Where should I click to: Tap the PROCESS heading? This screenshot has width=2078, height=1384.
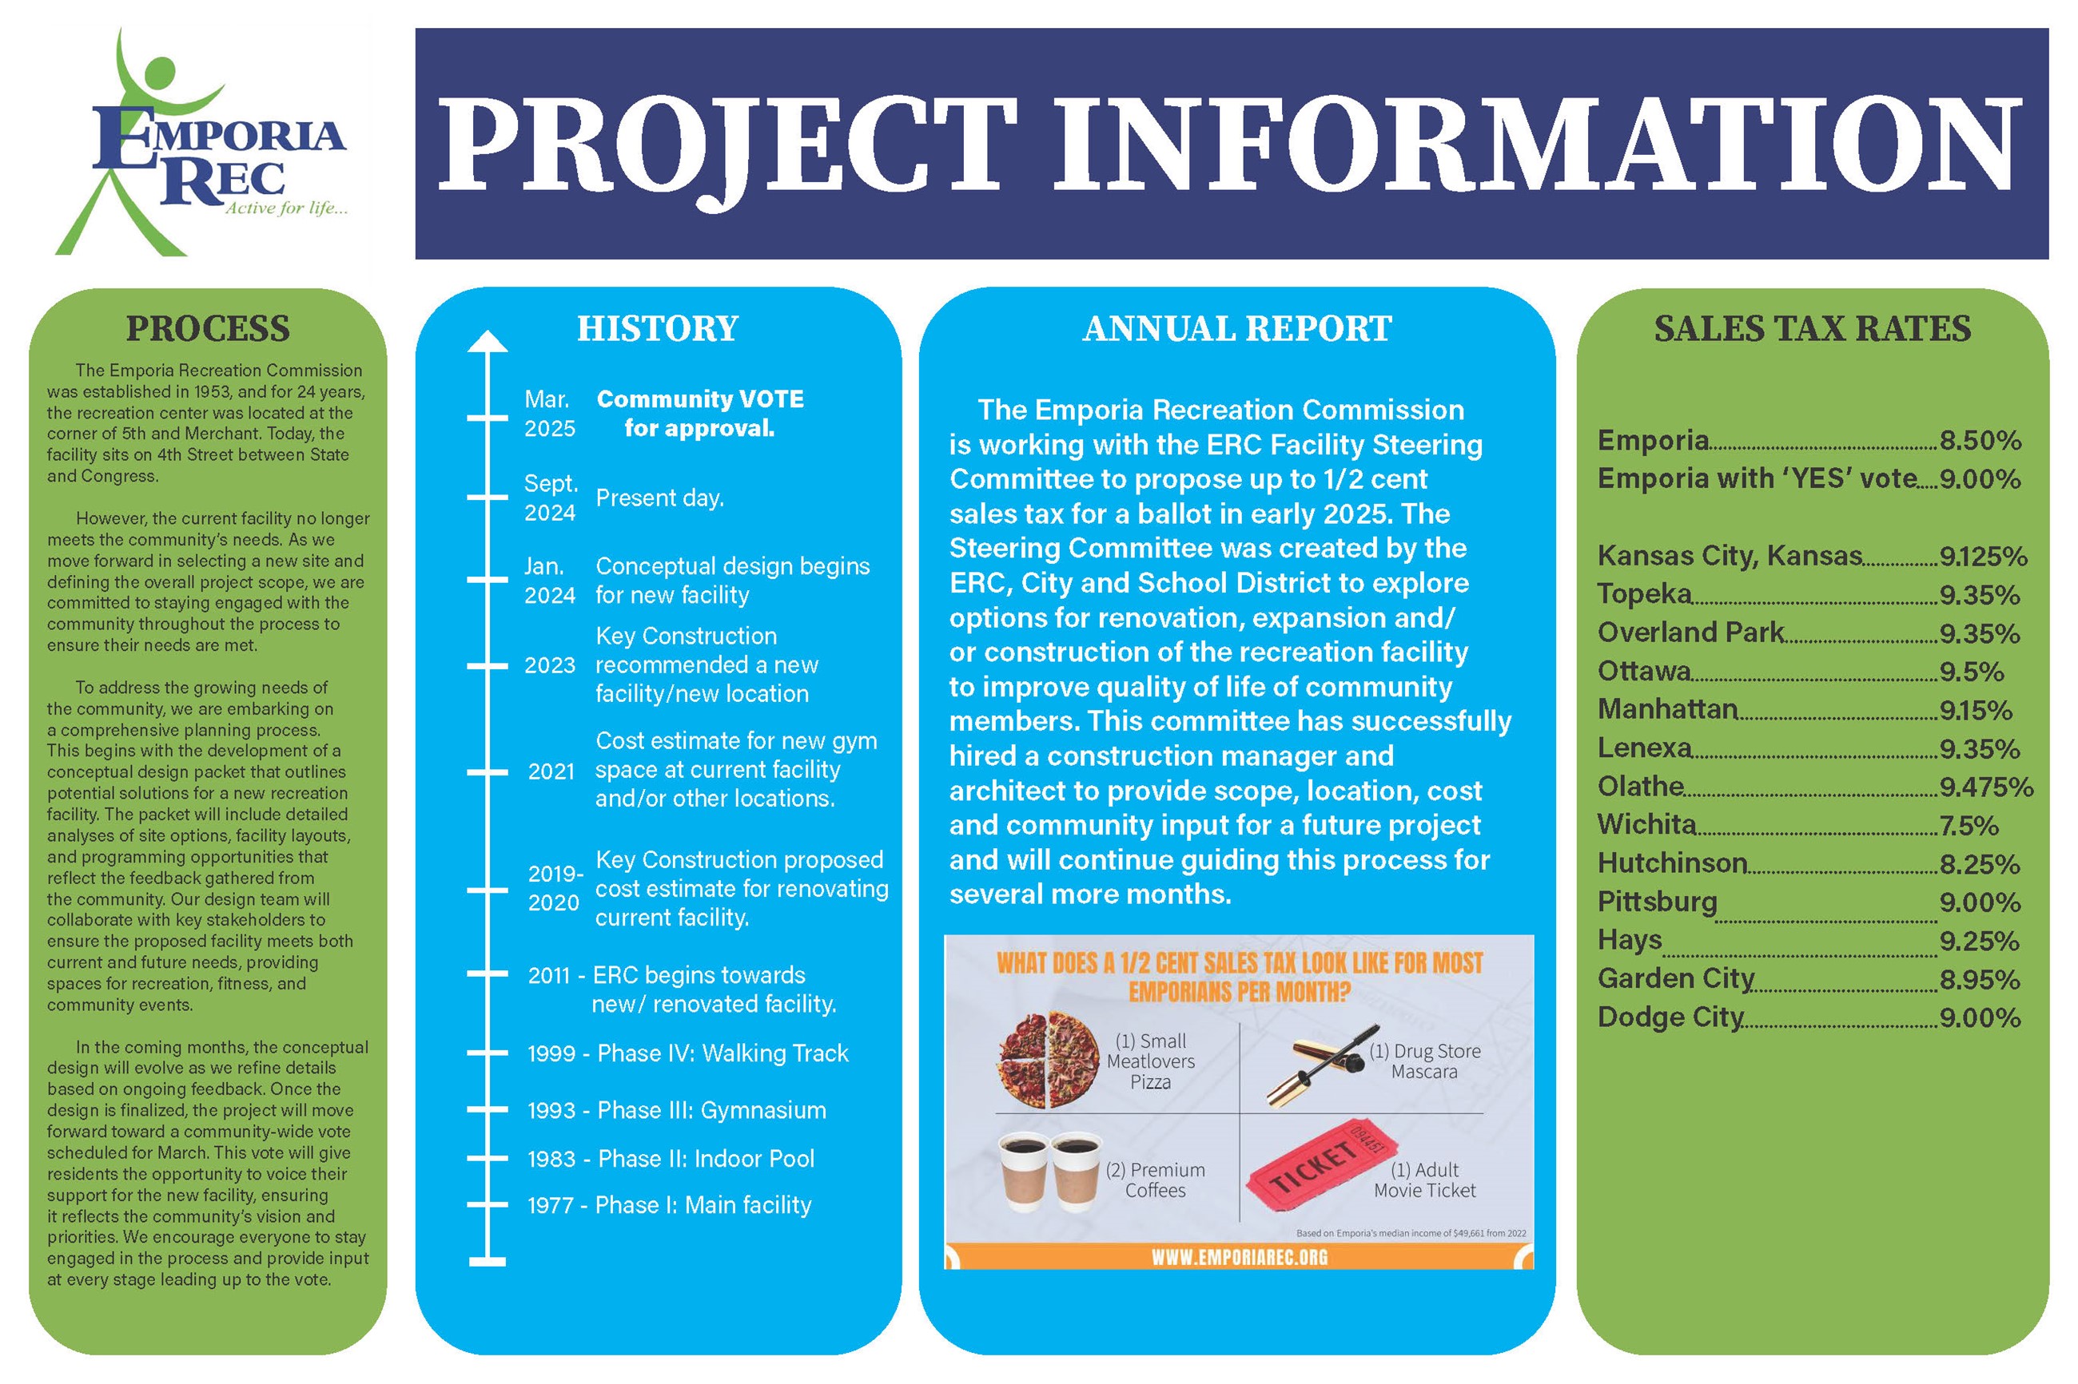pyautogui.click(x=208, y=328)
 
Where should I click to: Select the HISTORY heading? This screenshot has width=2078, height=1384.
pyautogui.click(x=657, y=328)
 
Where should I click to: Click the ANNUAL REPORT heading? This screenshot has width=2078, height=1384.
pyautogui.click(x=1236, y=328)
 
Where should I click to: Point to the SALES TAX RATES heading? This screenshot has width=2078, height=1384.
pyautogui.click(x=1811, y=328)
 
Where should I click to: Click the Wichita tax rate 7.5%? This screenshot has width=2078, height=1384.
pyautogui.click(x=1969, y=826)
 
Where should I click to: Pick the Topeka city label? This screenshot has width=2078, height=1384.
pyautogui.click(x=1643, y=594)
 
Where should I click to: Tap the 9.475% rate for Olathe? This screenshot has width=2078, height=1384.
pyautogui.click(x=1985, y=787)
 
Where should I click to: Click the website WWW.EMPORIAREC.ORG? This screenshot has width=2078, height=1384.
pyautogui.click(x=1238, y=1256)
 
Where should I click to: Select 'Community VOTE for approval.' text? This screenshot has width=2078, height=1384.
pyautogui.click(x=699, y=413)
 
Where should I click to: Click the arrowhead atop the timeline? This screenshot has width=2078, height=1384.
pyautogui.click(x=488, y=342)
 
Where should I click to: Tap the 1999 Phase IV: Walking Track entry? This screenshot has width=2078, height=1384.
pyautogui.click(x=687, y=1053)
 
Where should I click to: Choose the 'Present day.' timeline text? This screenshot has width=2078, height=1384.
pyautogui.click(x=659, y=498)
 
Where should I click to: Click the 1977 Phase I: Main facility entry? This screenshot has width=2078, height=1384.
pyautogui.click(x=668, y=1205)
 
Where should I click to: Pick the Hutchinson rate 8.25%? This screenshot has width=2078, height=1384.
pyautogui.click(x=1979, y=864)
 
